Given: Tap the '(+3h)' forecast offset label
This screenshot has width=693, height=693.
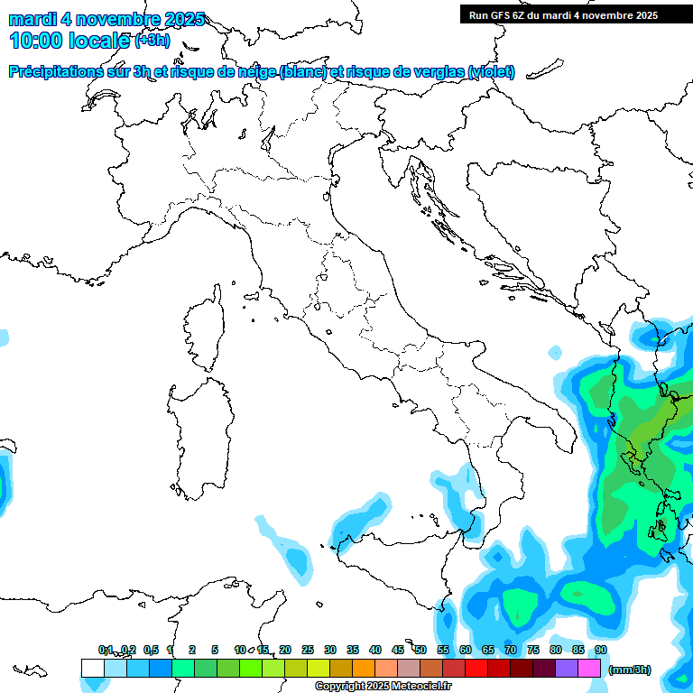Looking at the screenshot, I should click(x=152, y=41).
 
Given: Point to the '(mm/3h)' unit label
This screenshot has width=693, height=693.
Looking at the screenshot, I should click(x=629, y=670).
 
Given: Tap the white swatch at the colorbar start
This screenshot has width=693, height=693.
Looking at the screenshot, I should click(x=92, y=668).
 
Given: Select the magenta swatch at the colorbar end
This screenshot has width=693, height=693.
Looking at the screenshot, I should click(x=589, y=668).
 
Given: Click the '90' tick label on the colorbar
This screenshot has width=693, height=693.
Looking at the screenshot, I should click(x=600, y=650).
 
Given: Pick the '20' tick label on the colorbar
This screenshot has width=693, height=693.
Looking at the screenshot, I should click(x=285, y=650).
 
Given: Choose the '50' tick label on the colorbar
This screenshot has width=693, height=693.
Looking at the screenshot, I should click(x=420, y=650).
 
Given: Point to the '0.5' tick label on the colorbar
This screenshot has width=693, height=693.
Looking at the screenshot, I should click(x=151, y=650).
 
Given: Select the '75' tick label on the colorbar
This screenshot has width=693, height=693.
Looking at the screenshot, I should click(x=533, y=650).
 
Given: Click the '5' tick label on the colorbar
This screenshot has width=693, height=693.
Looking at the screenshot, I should click(x=215, y=650).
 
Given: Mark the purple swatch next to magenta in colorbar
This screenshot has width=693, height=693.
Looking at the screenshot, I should click(x=567, y=668).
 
